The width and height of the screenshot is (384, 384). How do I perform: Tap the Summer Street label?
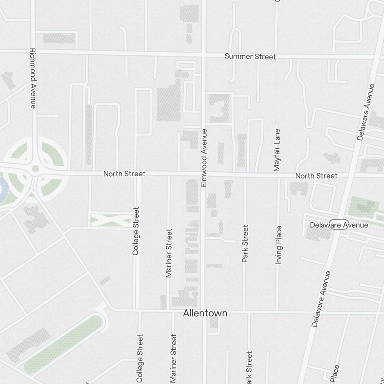pos(250,56)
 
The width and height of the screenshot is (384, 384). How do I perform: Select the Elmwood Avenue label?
pos(204,158)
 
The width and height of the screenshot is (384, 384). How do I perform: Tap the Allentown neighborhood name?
pos(205,313)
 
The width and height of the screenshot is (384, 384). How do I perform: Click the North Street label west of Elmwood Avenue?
pos(124,174)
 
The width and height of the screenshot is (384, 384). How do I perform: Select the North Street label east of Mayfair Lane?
pos(316,176)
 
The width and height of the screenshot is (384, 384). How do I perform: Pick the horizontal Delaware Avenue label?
pos(339,225)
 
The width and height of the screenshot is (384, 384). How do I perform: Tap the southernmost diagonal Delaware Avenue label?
pos(321,299)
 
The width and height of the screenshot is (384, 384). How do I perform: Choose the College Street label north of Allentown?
pos(136,231)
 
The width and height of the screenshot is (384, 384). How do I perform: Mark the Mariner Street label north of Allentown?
pos(169,253)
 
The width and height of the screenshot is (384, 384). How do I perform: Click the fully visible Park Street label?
pos(245,244)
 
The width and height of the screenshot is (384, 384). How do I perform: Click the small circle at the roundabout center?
pos(36,169)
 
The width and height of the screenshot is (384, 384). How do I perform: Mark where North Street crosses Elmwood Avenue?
pos(204,175)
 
